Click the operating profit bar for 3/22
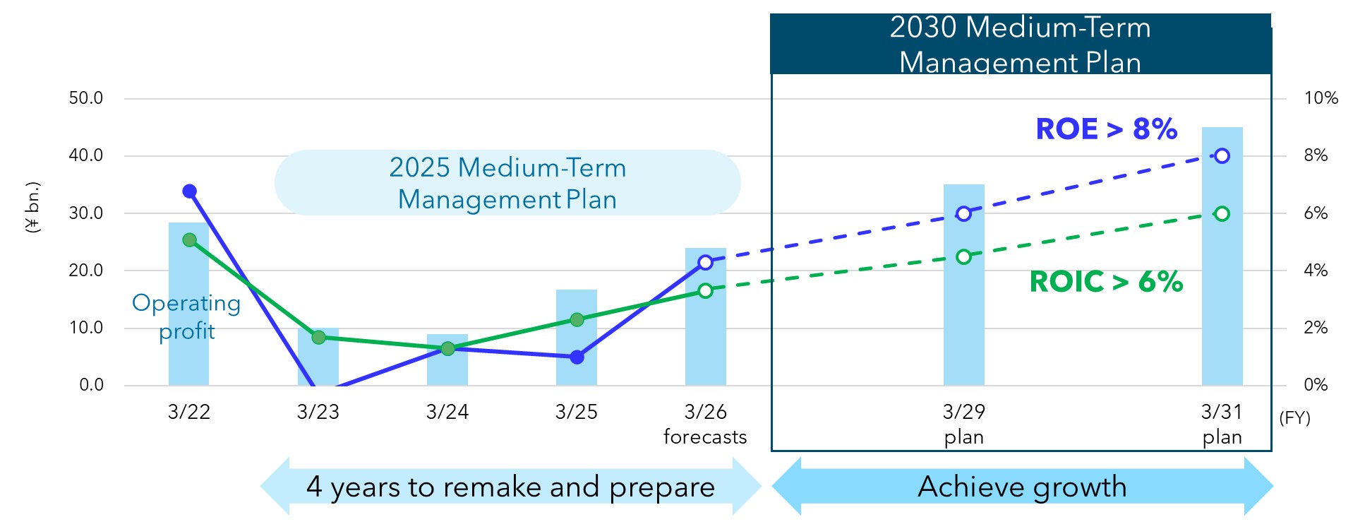pyautogui.click(x=188, y=304)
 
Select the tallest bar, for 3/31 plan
pyautogui.click(x=1222, y=256)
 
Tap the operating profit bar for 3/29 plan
pyautogui.click(x=963, y=285)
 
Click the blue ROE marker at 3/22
pyautogui.click(x=189, y=191)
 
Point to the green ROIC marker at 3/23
pyautogui.click(x=318, y=338)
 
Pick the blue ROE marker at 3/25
pyautogui.click(x=577, y=357)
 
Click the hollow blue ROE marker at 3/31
pyautogui.click(x=1222, y=156)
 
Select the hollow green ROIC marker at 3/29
pyautogui.click(x=963, y=257)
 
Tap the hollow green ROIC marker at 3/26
pyautogui.click(x=705, y=290)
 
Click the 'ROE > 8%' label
pyautogui.click(x=1106, y=129)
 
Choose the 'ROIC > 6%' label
pyautogui.click(x=1106, y=282)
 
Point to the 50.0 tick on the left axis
pyautogui.click(x=86, y=98)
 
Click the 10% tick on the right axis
pyautogui.click(x=1321, y=98)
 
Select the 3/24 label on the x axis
pyautogui.click(x=447, y=412)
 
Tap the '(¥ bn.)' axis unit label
pyautogui.click(x=32, y=208)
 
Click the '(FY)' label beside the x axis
pyautogui.click(x=1294, y=418)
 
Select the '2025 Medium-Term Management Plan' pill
pyautogui.click(x=507, y=182)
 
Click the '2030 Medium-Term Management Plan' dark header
pyautogui.click(x=1021, y=44)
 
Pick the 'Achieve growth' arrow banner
pyautogui.click(x=1022, y=487)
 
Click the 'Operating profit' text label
pyautogui.click(x=186, y=316)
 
